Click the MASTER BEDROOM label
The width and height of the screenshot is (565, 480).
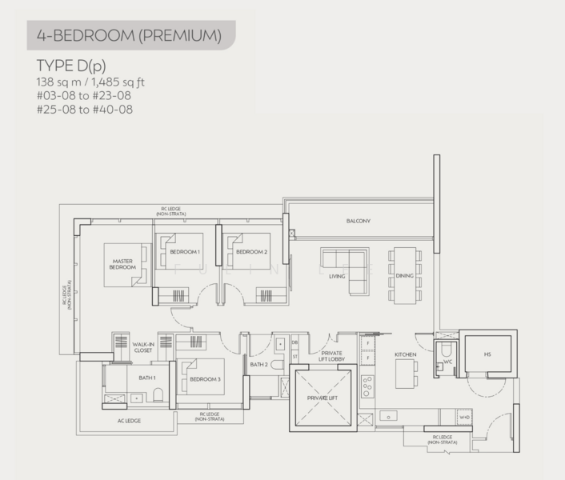point(122,264)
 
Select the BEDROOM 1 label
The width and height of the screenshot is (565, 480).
point(184,252)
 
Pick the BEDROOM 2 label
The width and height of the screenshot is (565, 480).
point(251,252)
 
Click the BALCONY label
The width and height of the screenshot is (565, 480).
point(358,222)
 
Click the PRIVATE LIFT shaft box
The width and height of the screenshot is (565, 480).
point(323,397)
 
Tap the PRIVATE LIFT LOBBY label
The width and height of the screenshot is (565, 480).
point(332,356)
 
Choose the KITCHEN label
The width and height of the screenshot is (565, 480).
point(406,354)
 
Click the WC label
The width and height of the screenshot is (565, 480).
point(447,362)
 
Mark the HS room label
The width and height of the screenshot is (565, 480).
point(487,354)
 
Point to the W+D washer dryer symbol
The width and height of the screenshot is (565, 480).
point(464,418)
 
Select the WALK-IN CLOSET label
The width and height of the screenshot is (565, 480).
point(142,348)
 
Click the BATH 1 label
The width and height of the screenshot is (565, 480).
point(148,377)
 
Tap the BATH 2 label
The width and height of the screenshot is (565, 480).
point(258,365)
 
